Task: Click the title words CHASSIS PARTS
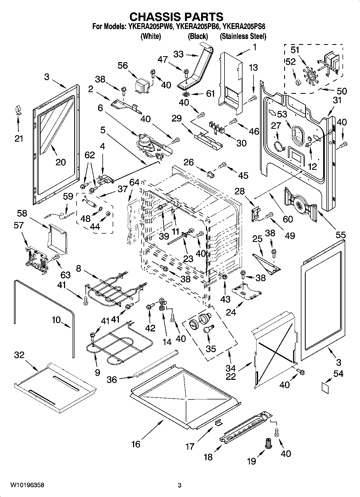(176, 17)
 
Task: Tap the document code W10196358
(27, 485)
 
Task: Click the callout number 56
(123, 66)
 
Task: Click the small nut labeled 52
(298, 82)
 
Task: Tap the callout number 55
(340, 235)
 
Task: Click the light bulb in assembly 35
(209, 328)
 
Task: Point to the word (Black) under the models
(198, 36)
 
